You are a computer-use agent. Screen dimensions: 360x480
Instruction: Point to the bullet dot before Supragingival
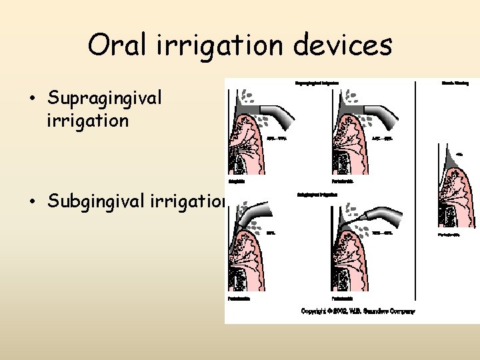pos(33,99)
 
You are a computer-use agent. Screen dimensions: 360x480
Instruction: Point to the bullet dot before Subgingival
pos(33,201)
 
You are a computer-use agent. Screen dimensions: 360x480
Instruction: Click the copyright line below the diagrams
pos(358,311)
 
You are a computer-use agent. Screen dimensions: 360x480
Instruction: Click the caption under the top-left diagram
pos(237,181)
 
